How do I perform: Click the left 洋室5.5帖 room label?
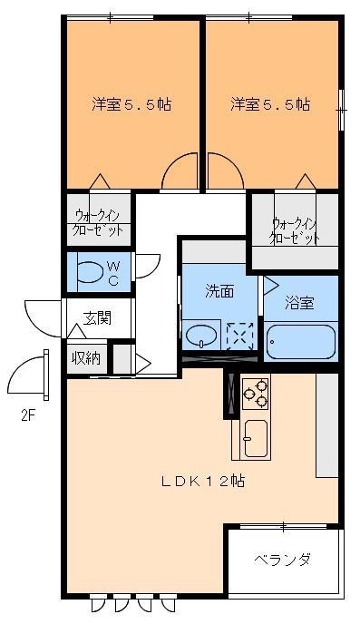tap(131, 104)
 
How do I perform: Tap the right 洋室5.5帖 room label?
tap(269, 104)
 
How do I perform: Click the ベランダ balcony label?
tap(282, 560)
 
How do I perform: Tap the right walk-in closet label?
tap(295, 230)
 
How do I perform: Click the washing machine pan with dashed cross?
tap(239, 336)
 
